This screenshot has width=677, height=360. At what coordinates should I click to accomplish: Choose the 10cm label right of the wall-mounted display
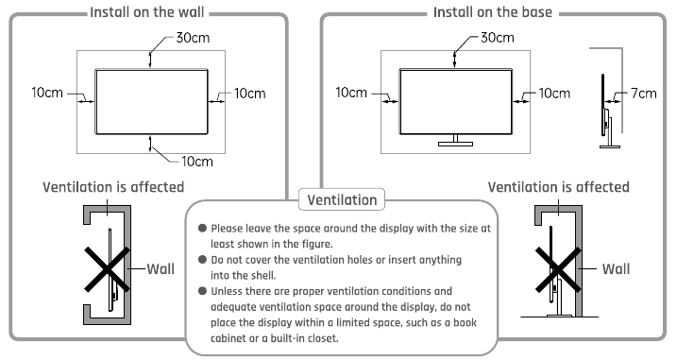(x=250, y=94)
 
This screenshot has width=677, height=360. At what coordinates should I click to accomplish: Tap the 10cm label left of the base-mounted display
(x=351, y=94)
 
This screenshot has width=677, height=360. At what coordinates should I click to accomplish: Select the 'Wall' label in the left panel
(x=161, y=268)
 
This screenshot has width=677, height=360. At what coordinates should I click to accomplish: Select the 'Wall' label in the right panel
(x=615, y=268)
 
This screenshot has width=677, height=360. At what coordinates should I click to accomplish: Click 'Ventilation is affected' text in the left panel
(x=113, y=187)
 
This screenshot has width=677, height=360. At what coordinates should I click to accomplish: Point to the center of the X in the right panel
(x=558, y=269)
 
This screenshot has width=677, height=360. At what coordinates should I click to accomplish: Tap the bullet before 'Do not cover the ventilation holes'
(x=201, y=260)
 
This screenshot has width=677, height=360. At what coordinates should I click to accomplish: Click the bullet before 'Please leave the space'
(x=201, y=229)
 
